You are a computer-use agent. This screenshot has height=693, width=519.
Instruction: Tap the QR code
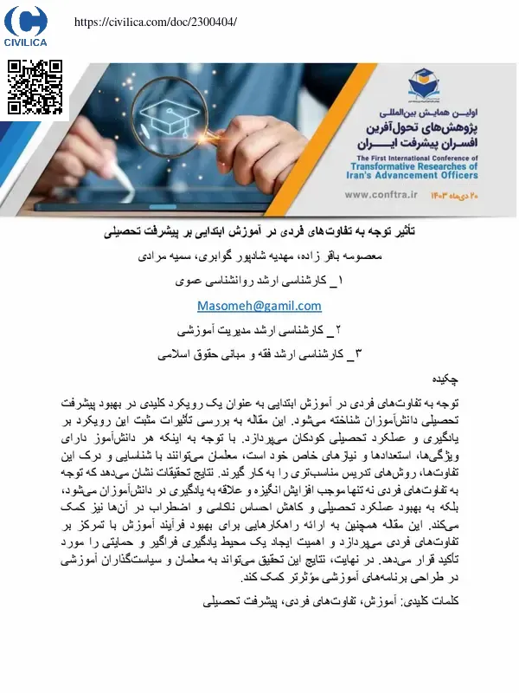[35, 87]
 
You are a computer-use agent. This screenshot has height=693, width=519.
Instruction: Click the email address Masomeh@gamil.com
[259, 306]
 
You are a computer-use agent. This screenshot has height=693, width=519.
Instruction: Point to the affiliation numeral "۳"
[361, 353]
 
